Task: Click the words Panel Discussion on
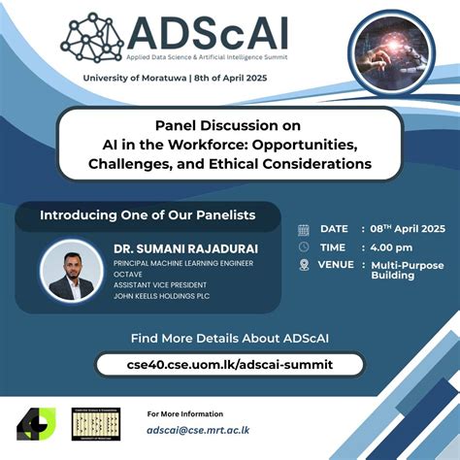228,125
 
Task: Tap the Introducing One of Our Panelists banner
147,214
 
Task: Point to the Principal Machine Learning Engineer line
183,263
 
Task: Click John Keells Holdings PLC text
165,295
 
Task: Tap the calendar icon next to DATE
304,229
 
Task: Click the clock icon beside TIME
304,246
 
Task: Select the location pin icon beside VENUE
304,264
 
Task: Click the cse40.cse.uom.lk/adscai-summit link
229,364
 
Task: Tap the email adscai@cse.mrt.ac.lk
200,429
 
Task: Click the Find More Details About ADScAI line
229,338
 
